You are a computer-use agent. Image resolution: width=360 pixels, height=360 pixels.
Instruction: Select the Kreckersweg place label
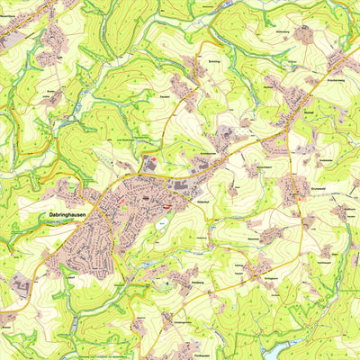346,81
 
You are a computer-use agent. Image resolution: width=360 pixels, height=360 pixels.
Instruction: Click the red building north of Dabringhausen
150,161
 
